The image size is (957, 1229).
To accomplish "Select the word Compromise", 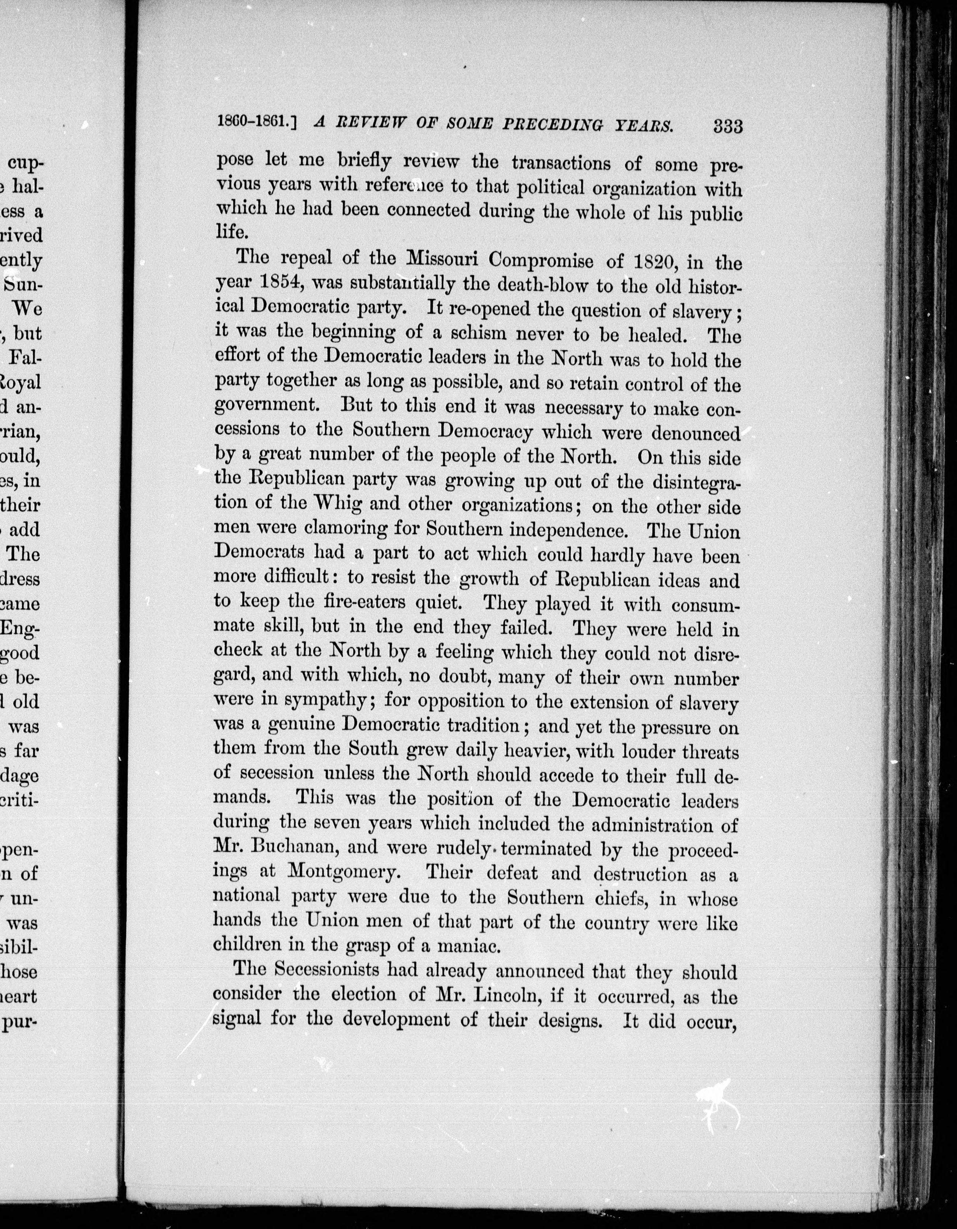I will coord(542,261).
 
